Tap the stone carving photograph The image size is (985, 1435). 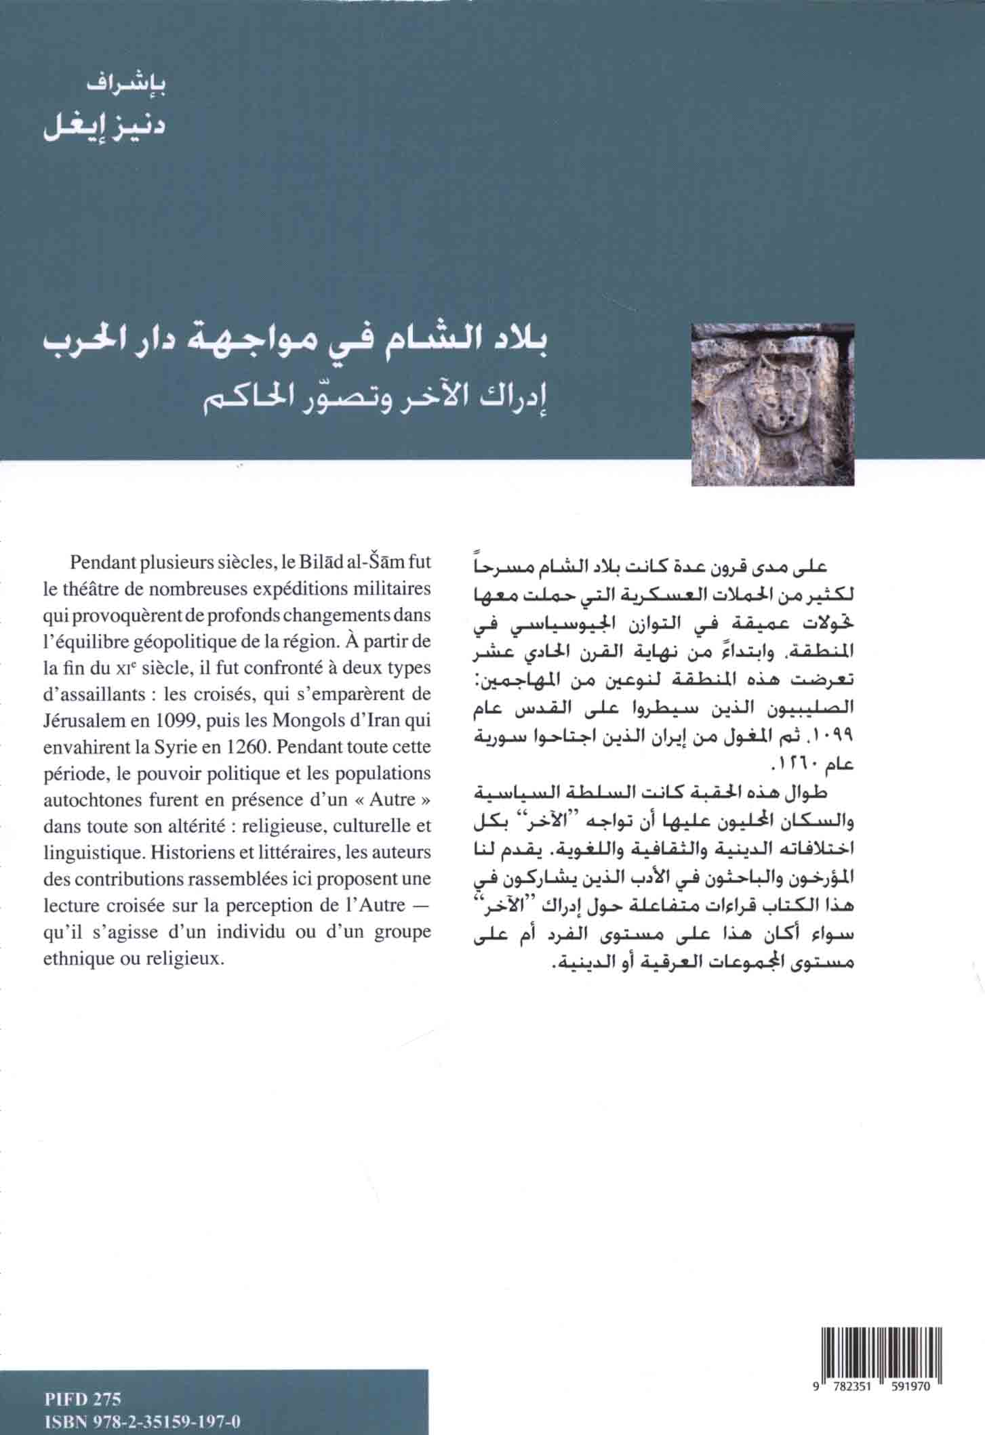point(772,404)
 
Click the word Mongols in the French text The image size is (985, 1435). point(301,721)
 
